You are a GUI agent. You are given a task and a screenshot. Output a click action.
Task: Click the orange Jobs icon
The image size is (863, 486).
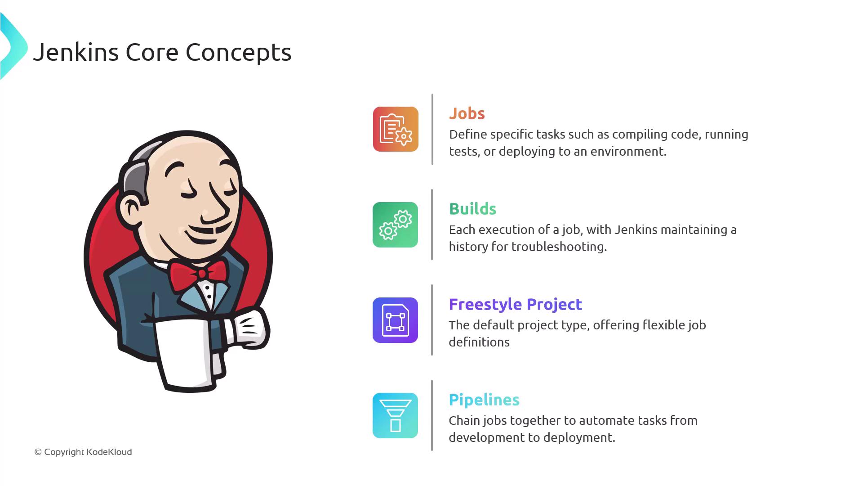pyautogui.click(x=396, y=129)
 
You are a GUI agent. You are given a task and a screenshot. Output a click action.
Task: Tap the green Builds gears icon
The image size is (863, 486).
pyautogui.click(x=396, y=225)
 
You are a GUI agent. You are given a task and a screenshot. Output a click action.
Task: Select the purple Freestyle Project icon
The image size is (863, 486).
pyautogui.click(x=396, y=320)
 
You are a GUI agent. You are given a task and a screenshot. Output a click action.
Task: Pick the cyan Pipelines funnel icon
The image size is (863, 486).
pyautogui.click(x=396, y=415)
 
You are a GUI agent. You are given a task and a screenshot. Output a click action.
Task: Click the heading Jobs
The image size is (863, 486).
pyautogui.click(x=467, y=113)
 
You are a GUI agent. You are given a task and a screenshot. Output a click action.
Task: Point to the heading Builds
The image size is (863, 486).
pyautogui.click(x=473, y=209)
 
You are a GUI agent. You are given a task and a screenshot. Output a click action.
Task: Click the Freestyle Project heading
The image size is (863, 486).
pyautogui.click(x=516, y=305)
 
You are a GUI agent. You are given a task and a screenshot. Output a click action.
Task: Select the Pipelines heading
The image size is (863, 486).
pyautogui.click(x=484, y=400)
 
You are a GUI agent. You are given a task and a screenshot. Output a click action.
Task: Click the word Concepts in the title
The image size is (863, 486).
pyautogui.click(x=239, y=53)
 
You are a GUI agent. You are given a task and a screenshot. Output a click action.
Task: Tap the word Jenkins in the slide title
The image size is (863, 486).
pyautogui.click(x=76, y=52)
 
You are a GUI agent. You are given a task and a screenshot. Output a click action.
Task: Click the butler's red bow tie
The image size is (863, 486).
pyautogui.click(x=198, y=274)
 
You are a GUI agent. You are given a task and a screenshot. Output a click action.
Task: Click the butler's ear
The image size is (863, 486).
pyautogui.click(x=130, y=209)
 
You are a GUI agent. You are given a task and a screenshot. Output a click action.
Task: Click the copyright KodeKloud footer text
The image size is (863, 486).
pyautogui.click(x=83, y=452)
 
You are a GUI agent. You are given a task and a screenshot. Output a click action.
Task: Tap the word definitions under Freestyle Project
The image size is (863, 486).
pyautogui.click(x=479, y=342)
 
